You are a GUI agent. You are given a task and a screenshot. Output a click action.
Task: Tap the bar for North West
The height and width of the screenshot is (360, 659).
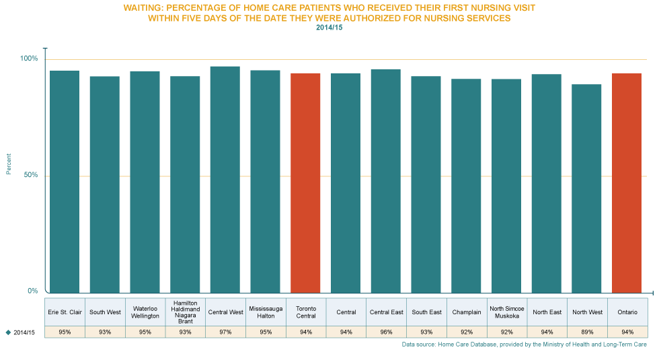point(587,188)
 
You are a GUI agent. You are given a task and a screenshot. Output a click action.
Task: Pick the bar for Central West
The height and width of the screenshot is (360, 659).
point(225,179)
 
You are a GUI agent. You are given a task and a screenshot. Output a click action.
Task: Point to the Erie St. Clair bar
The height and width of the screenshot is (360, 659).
point(65,182)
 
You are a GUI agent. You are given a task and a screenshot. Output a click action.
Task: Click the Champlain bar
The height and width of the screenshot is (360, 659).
point(466,186)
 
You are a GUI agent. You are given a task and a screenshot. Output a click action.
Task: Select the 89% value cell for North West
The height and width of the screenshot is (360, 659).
point(587,332)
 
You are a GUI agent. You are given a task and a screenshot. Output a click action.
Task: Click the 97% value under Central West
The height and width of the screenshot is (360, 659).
point(225,332)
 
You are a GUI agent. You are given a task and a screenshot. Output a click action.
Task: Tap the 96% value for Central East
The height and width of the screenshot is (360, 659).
point(386,332)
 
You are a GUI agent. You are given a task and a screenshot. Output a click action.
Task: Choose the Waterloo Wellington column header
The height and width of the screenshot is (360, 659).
point(145,312)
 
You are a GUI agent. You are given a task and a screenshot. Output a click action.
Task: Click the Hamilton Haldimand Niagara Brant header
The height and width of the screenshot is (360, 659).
point(186,312)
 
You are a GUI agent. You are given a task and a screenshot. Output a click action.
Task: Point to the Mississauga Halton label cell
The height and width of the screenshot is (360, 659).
point(266,312)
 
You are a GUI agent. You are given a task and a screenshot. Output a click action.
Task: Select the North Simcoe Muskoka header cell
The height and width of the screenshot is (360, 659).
point(506,312)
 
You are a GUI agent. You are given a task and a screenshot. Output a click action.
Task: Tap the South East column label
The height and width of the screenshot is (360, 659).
point(426,312)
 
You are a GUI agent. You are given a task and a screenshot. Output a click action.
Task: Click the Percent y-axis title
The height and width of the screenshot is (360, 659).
point(9,164)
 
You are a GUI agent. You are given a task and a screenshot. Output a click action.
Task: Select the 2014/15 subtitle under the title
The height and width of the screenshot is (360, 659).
point(329,28)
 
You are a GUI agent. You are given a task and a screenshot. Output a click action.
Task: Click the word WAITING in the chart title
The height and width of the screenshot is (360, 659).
point(143,7)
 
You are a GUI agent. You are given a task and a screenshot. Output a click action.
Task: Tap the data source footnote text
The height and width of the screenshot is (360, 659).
point(524,345)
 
